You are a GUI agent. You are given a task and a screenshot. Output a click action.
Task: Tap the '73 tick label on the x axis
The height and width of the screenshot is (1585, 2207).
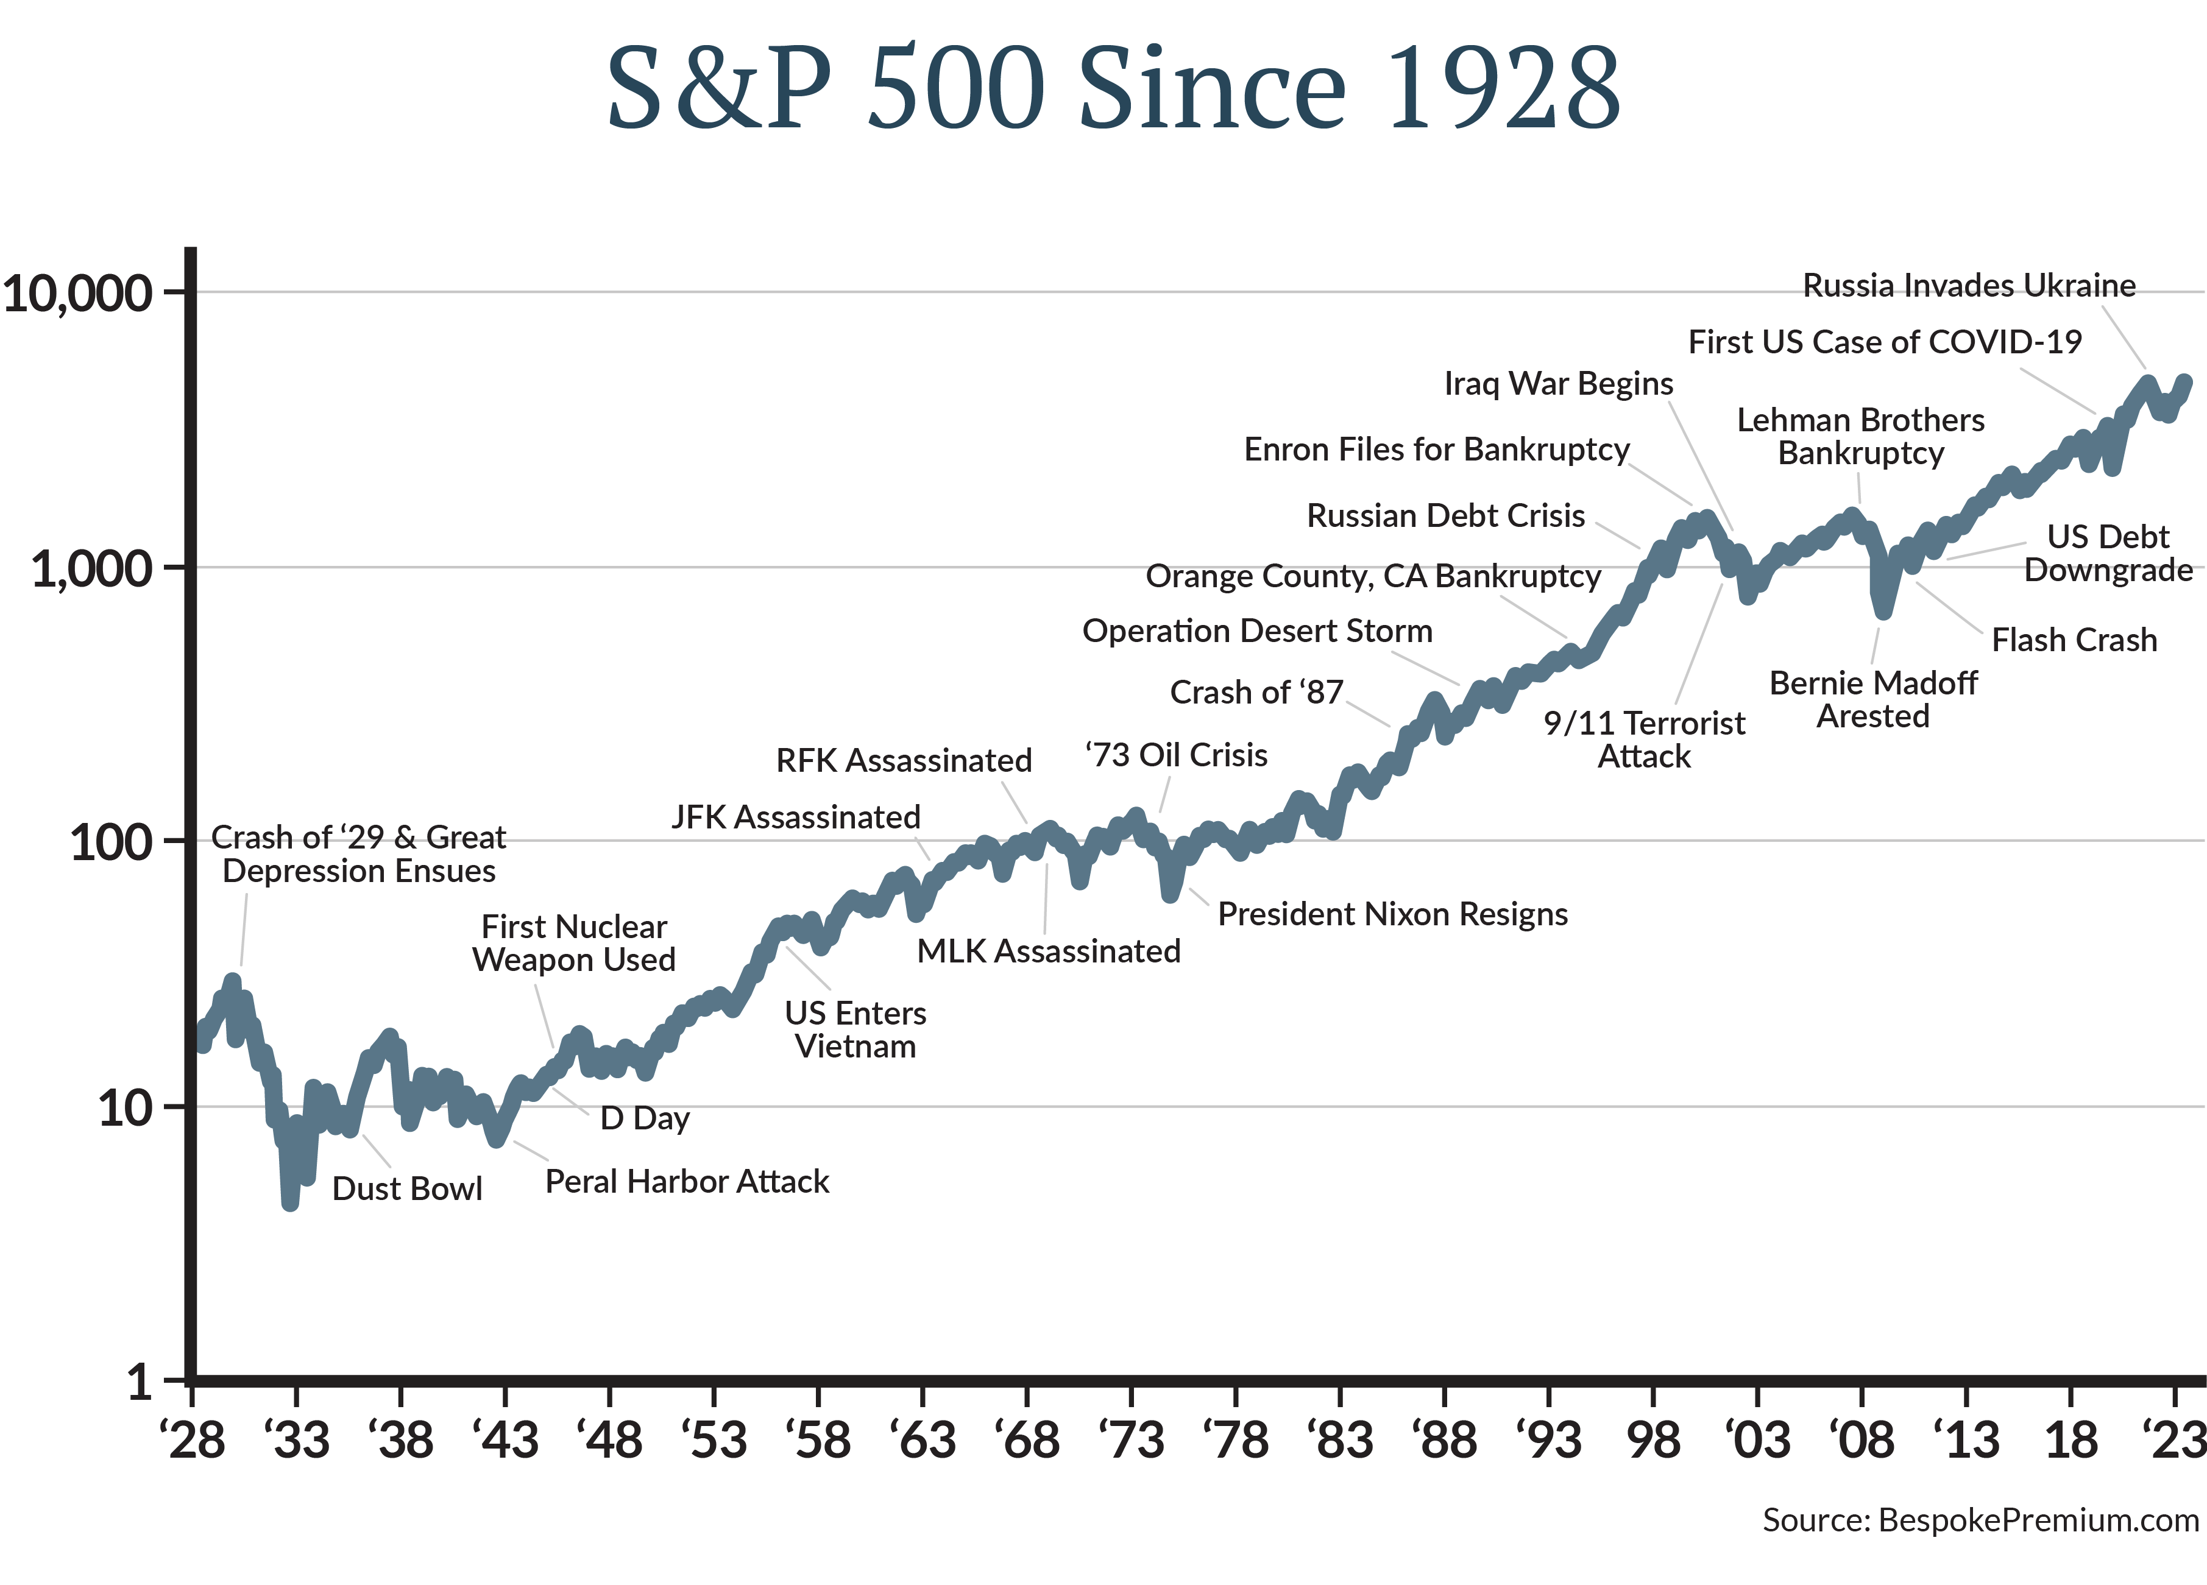click(1131, 1439)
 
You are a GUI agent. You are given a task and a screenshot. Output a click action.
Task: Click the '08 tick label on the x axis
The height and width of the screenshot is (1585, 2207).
click(1862, 1439)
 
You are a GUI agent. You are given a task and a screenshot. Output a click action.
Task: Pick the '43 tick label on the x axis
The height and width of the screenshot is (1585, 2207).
click(505, 1439)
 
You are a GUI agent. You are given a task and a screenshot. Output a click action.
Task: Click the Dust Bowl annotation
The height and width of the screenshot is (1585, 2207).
click(407, 1188)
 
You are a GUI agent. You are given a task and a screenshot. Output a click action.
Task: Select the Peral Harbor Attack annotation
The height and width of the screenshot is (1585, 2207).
click(687, 1181)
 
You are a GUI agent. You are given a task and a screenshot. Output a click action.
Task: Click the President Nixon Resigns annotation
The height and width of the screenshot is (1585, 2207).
click(1392, 914)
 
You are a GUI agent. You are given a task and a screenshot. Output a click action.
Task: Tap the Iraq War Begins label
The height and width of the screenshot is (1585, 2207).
click(1558, 383)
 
